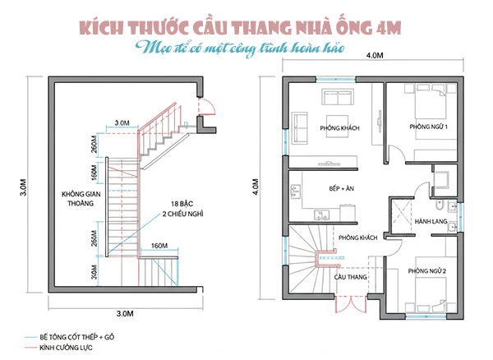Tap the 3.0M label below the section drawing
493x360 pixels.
tap(125, 313)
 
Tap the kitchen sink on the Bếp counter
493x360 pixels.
tap(294, 192)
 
